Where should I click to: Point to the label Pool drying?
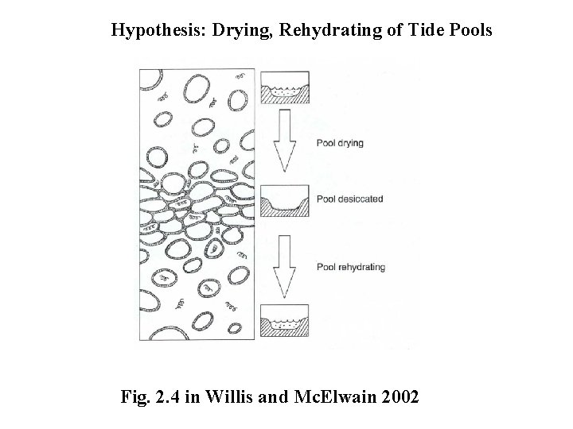click(x=340, y=144)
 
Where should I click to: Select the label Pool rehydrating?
click(x=350, y=267)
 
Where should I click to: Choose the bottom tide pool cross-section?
click(x=285, y=322)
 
